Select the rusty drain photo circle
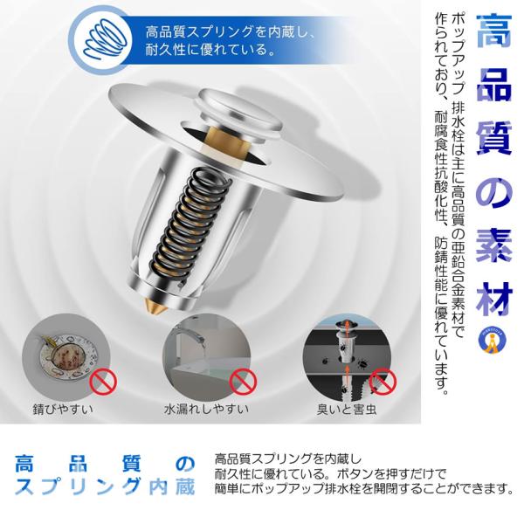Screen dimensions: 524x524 tap(62, 359)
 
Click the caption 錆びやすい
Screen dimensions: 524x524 tap(62, 408)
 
